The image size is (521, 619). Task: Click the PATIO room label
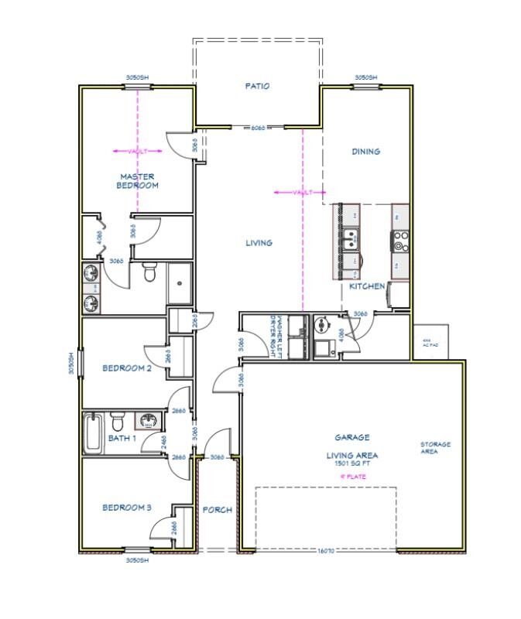tap(257, 86)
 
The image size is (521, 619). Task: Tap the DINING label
tap(365, 152)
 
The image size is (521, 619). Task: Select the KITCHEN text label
tap(366, 286)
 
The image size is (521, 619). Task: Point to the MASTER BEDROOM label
tap(138, 181)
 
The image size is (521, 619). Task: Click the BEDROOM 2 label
tap(127, 368)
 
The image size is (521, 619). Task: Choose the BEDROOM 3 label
tap(127, 508)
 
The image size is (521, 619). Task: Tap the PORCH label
tap(218, 510)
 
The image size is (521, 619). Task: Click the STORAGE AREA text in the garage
tap(435, 448)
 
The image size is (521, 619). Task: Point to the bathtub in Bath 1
tap(92, 435)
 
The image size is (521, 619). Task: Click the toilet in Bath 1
tap(118, 422)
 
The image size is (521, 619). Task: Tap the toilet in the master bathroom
tap(151, 272)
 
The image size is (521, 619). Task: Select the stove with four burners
tap(401, 241)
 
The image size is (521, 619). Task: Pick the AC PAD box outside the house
tap(431, 341)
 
